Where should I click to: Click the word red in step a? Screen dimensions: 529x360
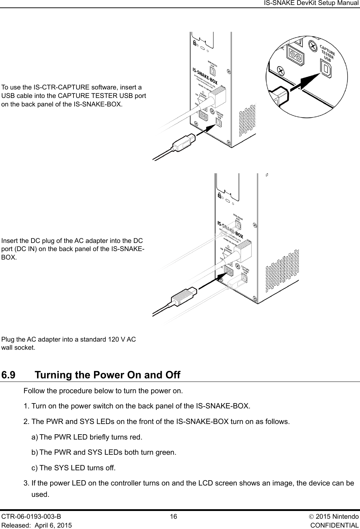point(136,437)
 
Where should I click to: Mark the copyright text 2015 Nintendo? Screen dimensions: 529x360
point(338,517)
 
